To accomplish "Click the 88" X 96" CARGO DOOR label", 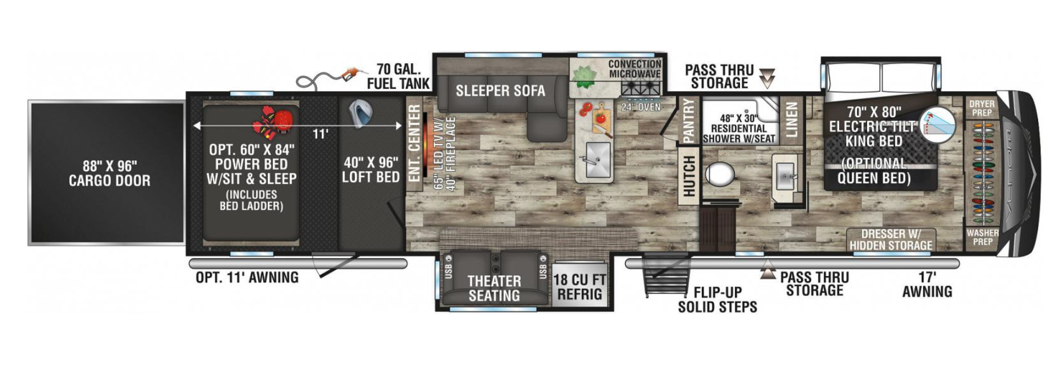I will point(109,174).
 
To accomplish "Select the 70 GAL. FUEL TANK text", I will point(398,76).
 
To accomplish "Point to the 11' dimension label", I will point(320,134).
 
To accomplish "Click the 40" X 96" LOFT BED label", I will point(371,170).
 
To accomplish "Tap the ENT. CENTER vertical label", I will point(414,143).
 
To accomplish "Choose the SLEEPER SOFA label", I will point(500,90).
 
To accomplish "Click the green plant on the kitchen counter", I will point(584,77).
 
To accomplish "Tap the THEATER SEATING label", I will point(494,289).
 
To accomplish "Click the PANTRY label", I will point(688,121).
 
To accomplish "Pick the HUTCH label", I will point(689,176).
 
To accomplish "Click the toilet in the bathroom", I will point(721,173).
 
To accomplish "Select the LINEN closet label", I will point(791,120).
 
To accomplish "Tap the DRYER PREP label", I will point(982,108).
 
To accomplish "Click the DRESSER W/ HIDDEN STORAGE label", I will point(891,240).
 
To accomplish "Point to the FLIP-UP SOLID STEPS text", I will point(717,300).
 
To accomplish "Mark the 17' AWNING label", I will point(927,285).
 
